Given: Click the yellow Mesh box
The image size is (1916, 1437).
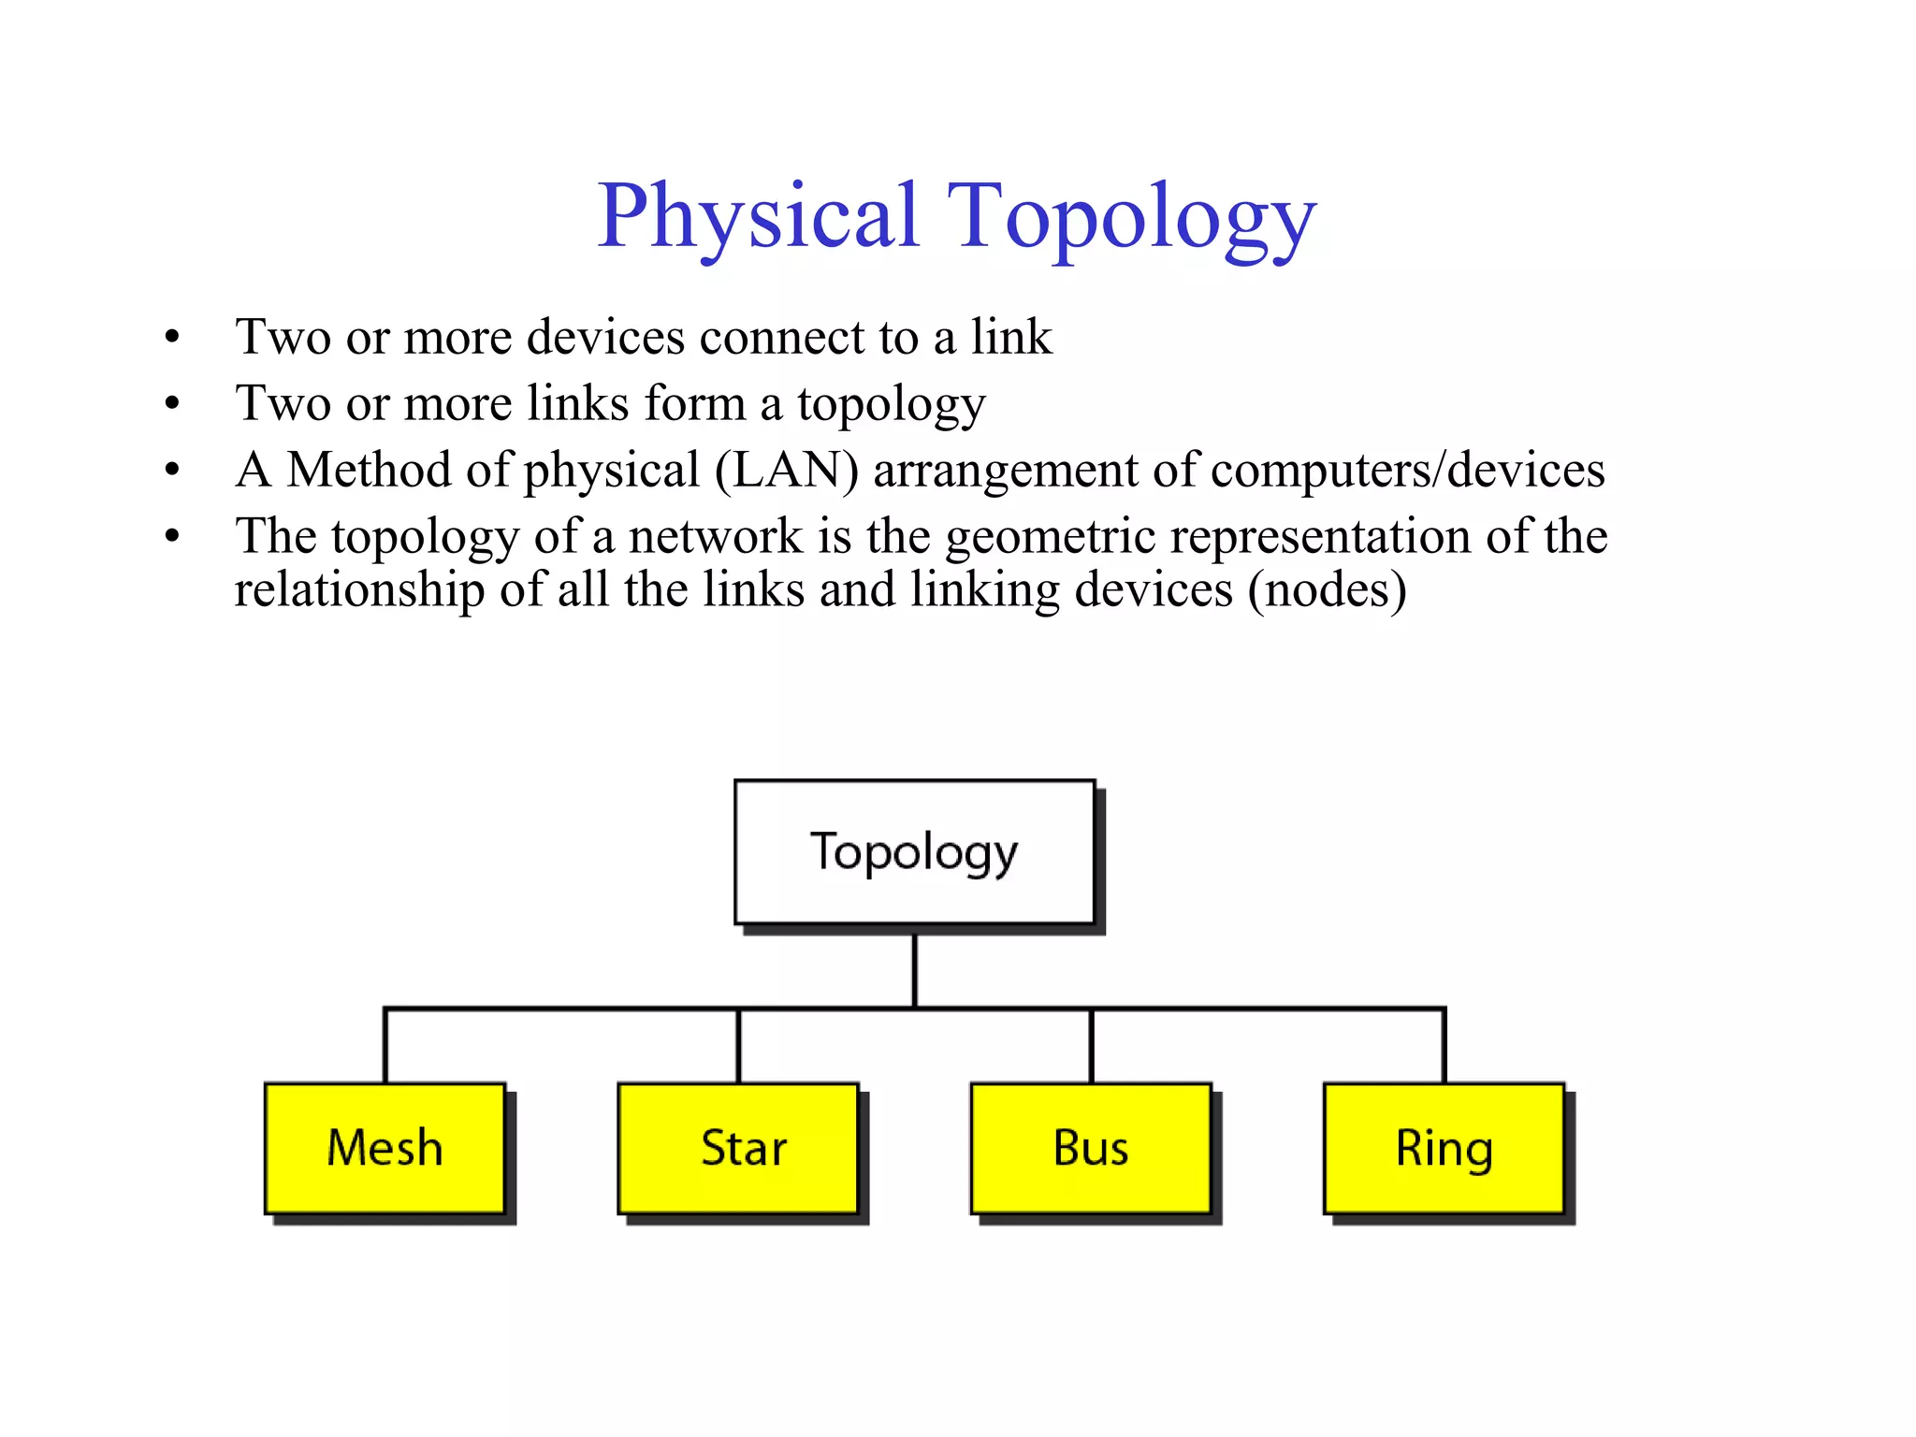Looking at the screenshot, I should click(x=385, y=1148).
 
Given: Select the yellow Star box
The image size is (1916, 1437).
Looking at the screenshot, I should click(x=737, y=1148).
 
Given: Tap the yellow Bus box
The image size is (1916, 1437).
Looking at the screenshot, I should click(x=1090, y=1148).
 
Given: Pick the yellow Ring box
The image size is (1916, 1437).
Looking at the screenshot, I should click(x=1444, y=1148).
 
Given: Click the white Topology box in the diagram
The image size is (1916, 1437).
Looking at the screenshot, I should click(x=914, y=851).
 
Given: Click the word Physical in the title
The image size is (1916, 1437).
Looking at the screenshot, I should click(x=758, y=216).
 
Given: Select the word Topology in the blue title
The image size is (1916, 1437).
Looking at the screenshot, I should click(x=1132, y=218).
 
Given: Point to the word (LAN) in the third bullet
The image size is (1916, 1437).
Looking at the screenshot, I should click(x=786, y=470).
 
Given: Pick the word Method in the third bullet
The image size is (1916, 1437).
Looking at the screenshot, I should click(x=369, y=470).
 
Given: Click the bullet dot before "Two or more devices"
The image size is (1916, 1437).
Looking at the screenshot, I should click(x=171, y=338).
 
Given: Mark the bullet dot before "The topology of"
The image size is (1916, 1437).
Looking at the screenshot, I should click(x=171, y=537).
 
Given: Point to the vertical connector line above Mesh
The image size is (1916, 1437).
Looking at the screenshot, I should click(x=385, y=1046).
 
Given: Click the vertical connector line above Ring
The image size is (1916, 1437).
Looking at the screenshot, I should click(x=1444, y=1046).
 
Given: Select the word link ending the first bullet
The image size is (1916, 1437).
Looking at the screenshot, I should click(x=1011, y=337).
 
